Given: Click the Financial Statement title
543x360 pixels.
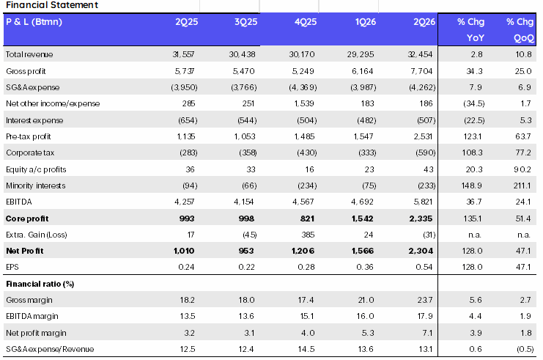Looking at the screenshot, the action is pyautogui.click(x=52, y=5).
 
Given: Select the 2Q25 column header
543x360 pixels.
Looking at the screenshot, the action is pyautogui.click(x=186, y=22).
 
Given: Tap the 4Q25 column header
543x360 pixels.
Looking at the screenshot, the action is pyautogui.click(x=306, y=22).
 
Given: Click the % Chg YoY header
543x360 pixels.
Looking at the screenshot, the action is pyautogui.click(x=470, y=29).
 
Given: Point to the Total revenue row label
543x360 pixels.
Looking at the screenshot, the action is pyautogui.click(x=29, y=54).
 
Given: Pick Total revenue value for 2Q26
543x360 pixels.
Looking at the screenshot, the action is pyautogui.click(x=420, y=54).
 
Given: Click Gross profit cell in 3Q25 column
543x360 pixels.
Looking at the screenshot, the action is pyautogui.click(x=243, y=71).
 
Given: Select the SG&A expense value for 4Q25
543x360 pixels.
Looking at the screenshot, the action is pyautogui.click(x=303, y=87).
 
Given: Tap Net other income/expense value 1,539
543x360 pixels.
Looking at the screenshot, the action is pyautogui.click(x=304, y=103).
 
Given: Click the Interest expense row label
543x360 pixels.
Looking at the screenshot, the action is pyautogui.click(x=34, y=120).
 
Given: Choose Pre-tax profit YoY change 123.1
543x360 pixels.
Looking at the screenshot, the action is pyautogui.click(x=473, y=136).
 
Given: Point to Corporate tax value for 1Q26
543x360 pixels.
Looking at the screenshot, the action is pyautogui.click(x=367, y=153).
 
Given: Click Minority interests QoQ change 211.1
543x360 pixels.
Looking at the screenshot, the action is pyautogui.click(x=522, y=185).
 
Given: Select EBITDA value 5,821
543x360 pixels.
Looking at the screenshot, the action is pyautogui.click(x=423, y=202).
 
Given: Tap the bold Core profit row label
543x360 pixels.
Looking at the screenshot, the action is pyautogui.click(x=27, y=218).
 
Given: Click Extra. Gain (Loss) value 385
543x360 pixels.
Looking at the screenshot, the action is pyautogui.click(x=308, y=235).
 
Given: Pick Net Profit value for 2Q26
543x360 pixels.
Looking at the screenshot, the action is pyautogui.click(x=421, y=251).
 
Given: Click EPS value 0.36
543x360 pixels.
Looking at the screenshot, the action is pyautogui.click(x=365, y=267).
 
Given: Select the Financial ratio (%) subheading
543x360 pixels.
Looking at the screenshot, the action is pyautogui.click(x=40, y=284).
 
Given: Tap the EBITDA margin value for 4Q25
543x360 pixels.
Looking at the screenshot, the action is pyautogui.click(x=306, y=316).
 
